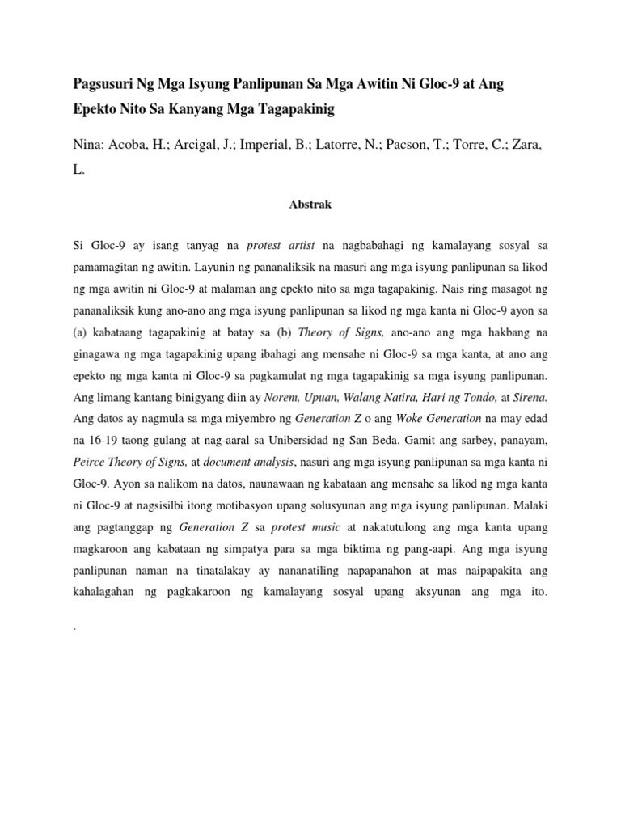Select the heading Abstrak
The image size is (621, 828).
pyautogui.click(x=310, y=205)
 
